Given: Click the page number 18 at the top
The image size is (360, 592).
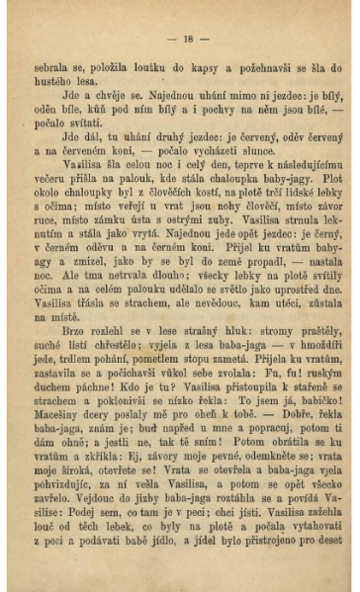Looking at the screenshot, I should point(189,40).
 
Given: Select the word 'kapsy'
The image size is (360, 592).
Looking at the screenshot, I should point(217,67).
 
